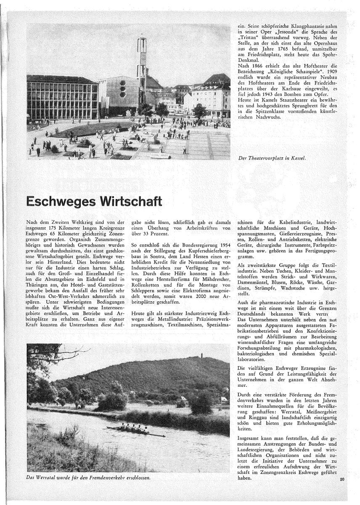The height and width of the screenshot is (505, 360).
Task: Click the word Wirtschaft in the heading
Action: (x=131, y=201)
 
